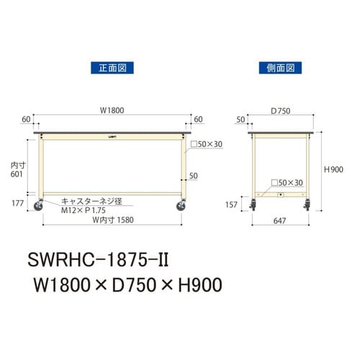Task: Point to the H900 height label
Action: click(333, 169)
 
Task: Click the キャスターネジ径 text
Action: click(89, 201)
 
